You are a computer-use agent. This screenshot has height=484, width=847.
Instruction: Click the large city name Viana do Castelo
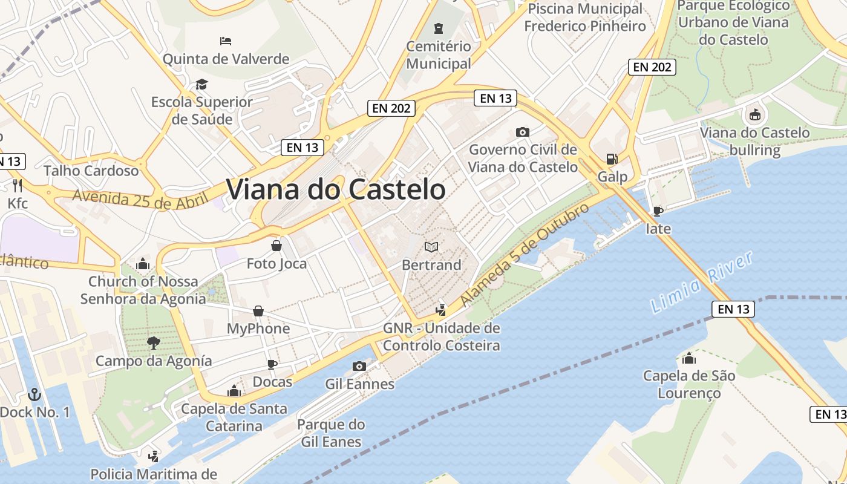click(336, 189)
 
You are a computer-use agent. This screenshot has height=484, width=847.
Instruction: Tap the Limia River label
click(702, 283)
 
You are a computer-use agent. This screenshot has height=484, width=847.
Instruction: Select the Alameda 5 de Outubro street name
click(525, 254)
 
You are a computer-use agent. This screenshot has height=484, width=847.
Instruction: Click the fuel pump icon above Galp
click(612, 159)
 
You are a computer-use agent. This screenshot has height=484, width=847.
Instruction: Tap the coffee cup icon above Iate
click(658, 211)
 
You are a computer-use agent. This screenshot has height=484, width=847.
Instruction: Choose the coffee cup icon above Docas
click(272, 364)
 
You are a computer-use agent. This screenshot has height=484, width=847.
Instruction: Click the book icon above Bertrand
click(431, 247)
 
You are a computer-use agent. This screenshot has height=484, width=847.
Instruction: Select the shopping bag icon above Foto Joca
click(276, 246)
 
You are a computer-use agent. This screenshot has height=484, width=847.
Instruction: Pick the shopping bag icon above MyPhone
click(258, 311)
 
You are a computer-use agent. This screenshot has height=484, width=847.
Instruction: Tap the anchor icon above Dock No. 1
click(34, 394)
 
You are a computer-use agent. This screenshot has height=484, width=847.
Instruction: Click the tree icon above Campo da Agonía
click(154, 343)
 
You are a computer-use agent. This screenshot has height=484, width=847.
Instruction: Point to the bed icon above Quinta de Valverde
click(226, 41)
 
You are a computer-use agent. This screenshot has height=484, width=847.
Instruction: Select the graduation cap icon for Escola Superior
click(201, 84)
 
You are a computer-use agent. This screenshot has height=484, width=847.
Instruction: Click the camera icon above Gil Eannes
click(359, 366)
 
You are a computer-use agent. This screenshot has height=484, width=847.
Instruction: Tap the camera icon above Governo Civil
click(523, 132)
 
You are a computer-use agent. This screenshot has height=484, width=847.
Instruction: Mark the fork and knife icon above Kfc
click(18, 185)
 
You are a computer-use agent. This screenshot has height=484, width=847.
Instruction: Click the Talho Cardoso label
click(91, 171)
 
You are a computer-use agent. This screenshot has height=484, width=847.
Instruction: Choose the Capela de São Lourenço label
click(689, 384)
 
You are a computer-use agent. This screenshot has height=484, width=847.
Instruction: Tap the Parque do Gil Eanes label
click(331, 433)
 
